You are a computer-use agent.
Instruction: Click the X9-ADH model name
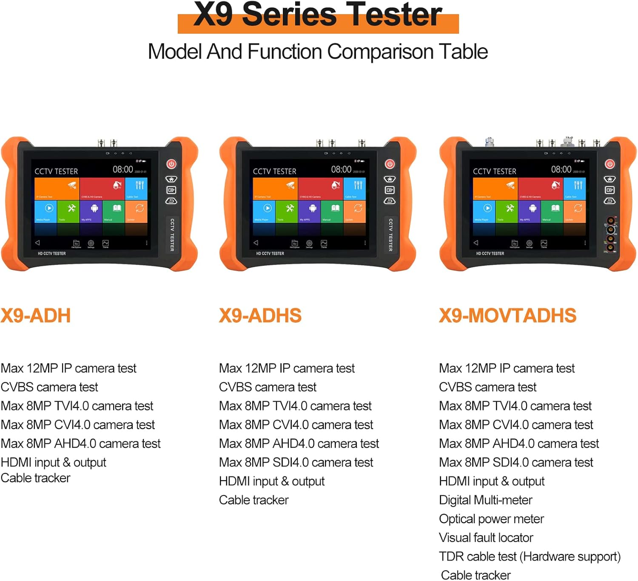36,316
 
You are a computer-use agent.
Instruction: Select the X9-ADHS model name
260,316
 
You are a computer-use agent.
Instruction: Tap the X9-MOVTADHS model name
507,316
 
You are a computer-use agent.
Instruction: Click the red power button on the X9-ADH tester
171,164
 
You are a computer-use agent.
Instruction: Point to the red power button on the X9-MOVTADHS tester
610,164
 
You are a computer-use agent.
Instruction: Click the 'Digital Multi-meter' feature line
485,500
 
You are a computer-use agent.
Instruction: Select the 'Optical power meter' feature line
491,519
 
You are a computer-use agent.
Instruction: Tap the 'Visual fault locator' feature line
486,538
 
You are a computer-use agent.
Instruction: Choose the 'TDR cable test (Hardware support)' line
530,556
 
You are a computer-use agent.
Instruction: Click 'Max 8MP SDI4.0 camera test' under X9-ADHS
296,462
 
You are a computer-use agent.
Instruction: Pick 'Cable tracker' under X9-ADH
35,478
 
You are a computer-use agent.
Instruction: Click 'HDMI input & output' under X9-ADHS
271,481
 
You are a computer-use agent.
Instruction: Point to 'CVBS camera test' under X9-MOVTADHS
487,387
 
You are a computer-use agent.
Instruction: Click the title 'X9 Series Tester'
318,15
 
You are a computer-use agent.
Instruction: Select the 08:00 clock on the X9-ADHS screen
341,169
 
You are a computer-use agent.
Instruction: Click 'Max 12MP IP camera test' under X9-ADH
68,368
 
